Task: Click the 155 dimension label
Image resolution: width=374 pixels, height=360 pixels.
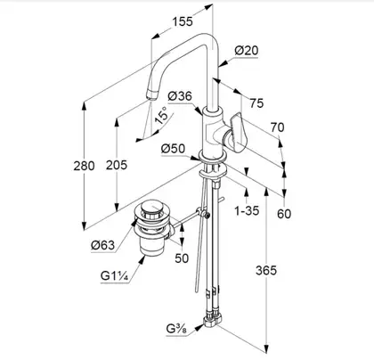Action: tap(183, 21)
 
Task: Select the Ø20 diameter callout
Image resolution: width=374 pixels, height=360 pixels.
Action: tap(247, 51)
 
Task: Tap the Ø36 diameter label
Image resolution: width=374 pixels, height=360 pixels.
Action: tap(180, 96)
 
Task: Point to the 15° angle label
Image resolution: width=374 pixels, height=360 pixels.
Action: tap(161, 116)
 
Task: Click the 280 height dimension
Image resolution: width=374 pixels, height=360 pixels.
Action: tap(84, 166)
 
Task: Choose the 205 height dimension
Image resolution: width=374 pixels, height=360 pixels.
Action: tap(117, 165)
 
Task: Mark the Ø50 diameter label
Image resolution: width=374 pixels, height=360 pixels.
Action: tap(173, 149)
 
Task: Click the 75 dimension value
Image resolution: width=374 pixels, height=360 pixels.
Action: tap(256, 103)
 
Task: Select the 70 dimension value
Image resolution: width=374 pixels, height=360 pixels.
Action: tap(277, 127)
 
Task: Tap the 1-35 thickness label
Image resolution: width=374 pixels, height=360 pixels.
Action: tap(247, 211)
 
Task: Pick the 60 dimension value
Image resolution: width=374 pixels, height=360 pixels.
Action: tap(284, 214)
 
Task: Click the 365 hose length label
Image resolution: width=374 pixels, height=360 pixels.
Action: tap(266, 271)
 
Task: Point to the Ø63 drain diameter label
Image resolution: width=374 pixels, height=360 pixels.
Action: tap(102, 245)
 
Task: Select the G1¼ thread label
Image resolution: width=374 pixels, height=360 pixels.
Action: tap(114, 276)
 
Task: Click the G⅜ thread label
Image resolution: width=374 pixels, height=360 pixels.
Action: tap(176, 330)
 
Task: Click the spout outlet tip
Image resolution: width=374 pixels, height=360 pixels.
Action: tap(150, 96)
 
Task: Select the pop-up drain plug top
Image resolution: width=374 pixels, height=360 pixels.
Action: tap(152, 207)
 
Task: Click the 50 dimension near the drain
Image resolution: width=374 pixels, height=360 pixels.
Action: tap(182, 258)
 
